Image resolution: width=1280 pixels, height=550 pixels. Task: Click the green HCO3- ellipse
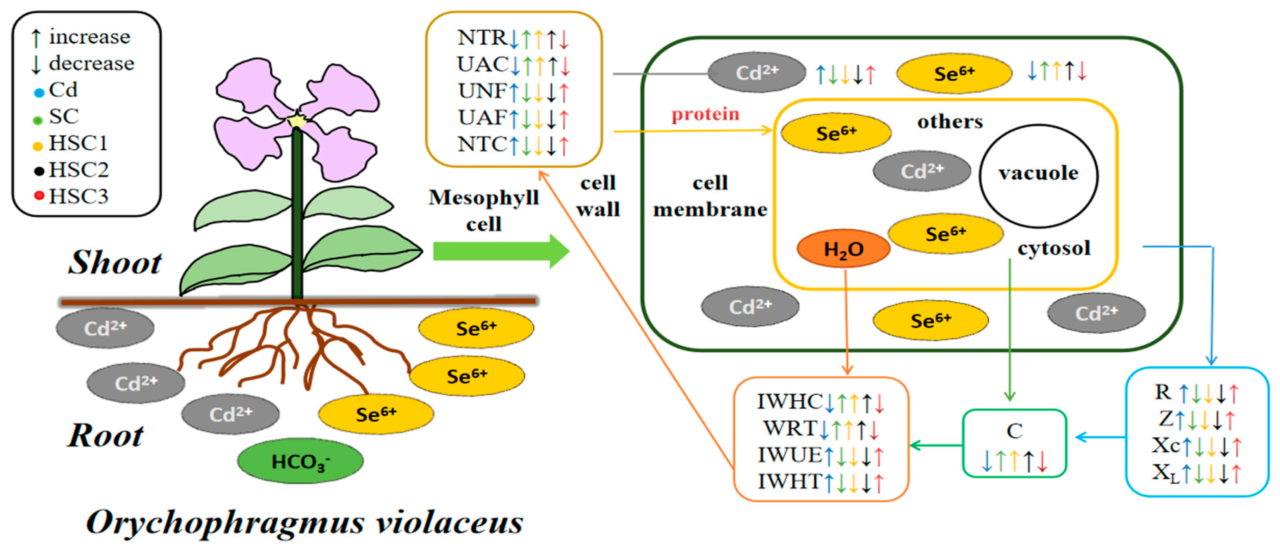300,461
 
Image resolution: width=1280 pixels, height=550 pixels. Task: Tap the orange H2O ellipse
843,248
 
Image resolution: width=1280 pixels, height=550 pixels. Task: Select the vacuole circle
1039,175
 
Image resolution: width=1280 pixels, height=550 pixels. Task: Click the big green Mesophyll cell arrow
501,251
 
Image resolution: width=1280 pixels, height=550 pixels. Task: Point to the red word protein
705,114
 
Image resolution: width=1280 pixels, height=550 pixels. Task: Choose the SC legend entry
56,117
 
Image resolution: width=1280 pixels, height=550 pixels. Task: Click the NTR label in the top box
482,37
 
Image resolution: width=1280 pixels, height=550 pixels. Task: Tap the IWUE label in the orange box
790,455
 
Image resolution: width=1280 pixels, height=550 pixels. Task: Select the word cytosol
1054,248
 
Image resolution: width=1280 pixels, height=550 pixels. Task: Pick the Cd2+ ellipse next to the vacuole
922,171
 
